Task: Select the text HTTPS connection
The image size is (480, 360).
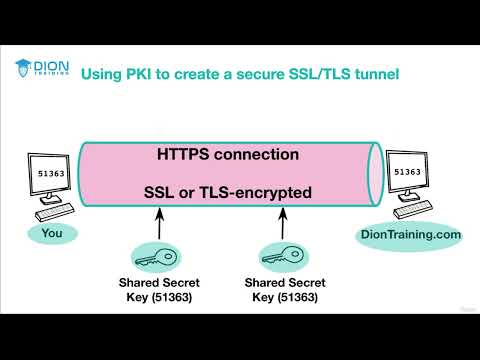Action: (227, 155)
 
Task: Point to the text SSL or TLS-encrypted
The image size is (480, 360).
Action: (227, 191)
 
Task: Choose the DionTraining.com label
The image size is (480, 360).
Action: (412, 234)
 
